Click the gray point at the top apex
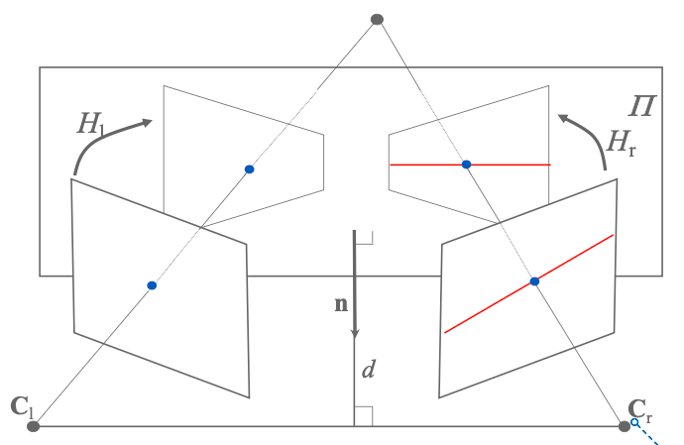[376, 19]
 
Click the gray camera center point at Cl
[33, 426]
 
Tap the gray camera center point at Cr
[625, 426]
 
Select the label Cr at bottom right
[639, 408]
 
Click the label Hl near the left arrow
[90, 125]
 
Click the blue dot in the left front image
[152, 285]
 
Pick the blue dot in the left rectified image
[250, 169]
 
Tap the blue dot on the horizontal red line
[466, 164]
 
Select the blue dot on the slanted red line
[534, 282]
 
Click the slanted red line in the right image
[486, 309]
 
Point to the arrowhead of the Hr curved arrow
[563, 119]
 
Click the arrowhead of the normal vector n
[354, 336]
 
